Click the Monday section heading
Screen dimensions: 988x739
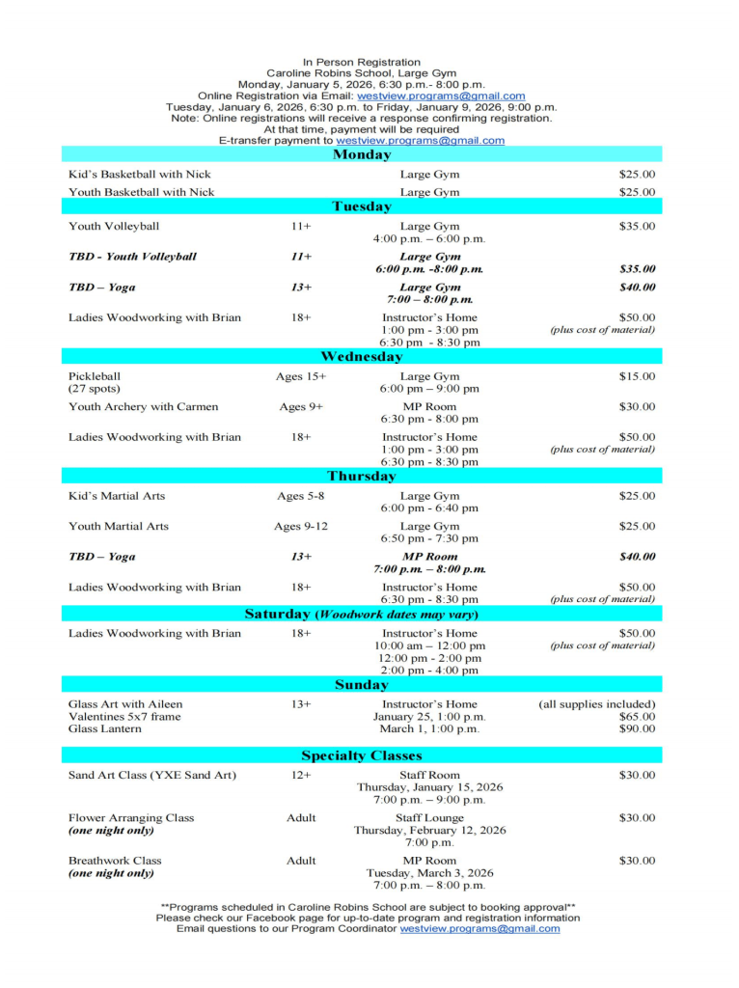(x=362, y=154)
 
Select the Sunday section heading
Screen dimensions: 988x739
(x=362, y=685)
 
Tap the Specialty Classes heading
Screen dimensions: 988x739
(x=362, y=755)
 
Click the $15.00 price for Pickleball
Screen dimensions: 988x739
(x=637, y=376)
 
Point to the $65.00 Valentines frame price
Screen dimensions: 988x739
(x=637, y=717)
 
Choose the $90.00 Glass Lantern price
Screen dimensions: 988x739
(x=637, y=729)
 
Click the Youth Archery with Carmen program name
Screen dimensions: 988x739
(x=144, y=407)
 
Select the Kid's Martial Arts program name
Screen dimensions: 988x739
(x=117, y=496)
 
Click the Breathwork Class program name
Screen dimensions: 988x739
(x=115, y=861)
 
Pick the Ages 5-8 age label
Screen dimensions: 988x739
(x=301, y=496)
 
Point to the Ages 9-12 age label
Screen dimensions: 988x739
(x=301, y=527)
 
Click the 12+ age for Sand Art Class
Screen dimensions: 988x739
(x=301, y=775)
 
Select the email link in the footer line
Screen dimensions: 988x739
(x=479, y=929)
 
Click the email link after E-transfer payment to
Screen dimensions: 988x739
(x=420, y=141)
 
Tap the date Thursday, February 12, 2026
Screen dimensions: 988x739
(x=429, y=830)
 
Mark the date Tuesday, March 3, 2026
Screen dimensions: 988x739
(x=429, y=873)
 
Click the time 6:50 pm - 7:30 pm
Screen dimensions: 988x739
(x=429, y=538)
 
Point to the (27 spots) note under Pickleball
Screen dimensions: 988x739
(x=94, y=389)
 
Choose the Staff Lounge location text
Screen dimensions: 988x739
(x=429, y=818)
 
